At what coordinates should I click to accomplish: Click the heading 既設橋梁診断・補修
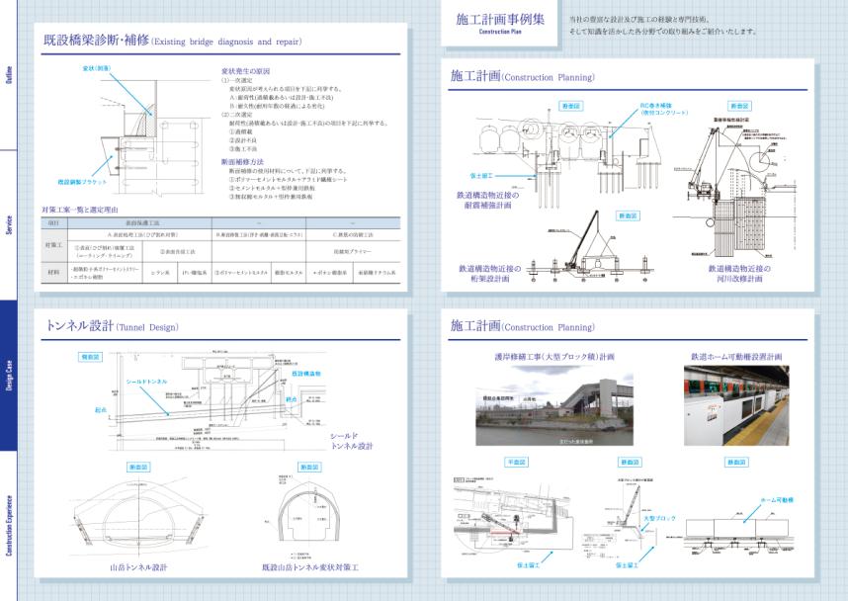pos(95,42)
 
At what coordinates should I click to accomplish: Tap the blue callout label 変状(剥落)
pos(96,68)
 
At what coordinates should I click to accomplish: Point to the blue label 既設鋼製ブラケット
pos(81,182)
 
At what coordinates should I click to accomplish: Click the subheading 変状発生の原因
pos(244,72)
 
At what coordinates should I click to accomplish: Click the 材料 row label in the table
pos(53,270)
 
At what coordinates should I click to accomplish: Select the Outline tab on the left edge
pos(9,75)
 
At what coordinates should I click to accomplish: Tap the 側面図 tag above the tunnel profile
pos(90,356)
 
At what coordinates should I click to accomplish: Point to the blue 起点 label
pos(100,407)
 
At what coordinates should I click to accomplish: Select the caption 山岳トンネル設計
pos(137,567)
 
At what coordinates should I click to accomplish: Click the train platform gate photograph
pos(736,405)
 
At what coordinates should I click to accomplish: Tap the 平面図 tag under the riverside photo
pos(517,462)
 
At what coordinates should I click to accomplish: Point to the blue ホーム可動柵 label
pos(775,501)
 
